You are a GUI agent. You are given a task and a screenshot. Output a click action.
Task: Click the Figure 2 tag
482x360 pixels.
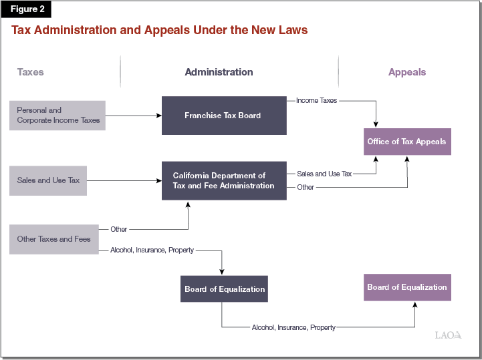pos(25,9)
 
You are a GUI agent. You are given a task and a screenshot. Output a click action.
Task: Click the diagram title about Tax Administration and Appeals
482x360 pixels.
pos(159,30)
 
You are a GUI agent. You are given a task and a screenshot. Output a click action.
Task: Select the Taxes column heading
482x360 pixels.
pos(30,71)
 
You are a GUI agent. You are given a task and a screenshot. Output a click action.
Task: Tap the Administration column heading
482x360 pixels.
pos(219,71)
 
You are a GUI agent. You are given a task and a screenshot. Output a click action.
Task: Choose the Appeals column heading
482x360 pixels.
pos(406,71)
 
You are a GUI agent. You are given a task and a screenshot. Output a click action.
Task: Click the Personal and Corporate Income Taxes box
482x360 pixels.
pos(57,116)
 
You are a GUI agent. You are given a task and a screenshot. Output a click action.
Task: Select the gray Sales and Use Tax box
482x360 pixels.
pos(48,180)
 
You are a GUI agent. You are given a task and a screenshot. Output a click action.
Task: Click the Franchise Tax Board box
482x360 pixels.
pos(224,116)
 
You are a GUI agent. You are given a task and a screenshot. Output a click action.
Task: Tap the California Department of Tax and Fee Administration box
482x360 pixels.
pos(224,180)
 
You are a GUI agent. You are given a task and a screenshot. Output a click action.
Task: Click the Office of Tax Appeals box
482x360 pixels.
pos(407,142)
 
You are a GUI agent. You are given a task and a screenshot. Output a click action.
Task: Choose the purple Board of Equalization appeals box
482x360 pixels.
pos(407,287)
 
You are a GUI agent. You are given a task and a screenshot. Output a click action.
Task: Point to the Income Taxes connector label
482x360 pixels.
pos(316,100)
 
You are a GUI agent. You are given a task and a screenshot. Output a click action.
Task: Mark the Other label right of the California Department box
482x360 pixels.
pos(306,187)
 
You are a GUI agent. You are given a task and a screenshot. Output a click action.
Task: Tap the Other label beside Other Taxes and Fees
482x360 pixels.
pos(119,229)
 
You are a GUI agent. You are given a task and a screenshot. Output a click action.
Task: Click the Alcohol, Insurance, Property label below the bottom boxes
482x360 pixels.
pos(293,327)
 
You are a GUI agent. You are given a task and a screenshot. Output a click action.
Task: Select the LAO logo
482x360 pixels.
pos(448,335)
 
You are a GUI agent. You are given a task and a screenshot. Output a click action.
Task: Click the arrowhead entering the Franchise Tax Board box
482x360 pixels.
pos(159,116)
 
